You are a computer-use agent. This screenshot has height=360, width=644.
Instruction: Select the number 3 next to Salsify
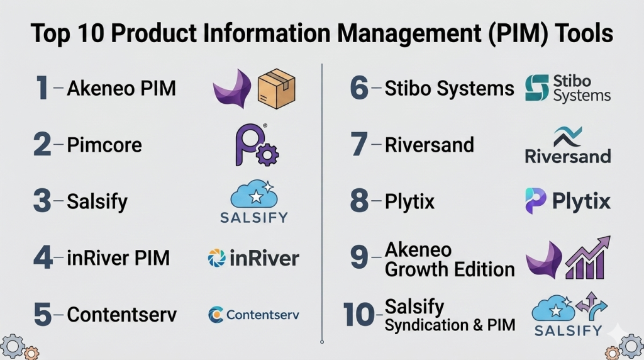(42, 201)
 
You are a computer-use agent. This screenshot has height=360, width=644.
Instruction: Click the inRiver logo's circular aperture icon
(216, 257)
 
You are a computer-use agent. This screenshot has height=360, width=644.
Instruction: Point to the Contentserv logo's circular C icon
(216, 314)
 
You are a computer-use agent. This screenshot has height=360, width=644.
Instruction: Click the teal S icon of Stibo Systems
(537, 88)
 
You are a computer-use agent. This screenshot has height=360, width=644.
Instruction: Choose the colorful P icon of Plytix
(535, 201)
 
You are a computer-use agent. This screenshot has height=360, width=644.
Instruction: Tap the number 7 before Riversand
(358, 145)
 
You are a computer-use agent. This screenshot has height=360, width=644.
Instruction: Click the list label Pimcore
(104, 145)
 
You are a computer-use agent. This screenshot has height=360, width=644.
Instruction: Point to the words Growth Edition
(449, 269)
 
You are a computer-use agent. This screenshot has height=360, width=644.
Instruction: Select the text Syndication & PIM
(450, 325)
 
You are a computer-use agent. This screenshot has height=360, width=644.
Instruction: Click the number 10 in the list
(359, 315)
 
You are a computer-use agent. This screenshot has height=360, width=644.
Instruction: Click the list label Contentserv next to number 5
(122, 314)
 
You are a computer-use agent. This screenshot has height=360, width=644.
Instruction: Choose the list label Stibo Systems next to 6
(449, 89)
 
